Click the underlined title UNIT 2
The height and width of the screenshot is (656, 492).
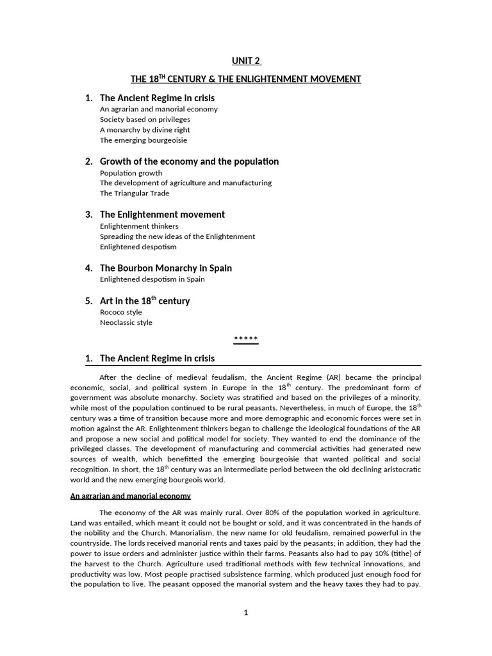tap(246, 61)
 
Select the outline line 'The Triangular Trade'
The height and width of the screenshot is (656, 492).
tap(135, 193)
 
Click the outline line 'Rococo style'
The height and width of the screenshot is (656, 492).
tap(121, 313)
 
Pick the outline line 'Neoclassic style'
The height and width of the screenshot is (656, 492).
tap(126, 323)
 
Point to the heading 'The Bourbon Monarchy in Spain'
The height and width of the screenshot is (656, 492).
tap(166, 268)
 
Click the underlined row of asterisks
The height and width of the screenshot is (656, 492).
tap(246, 340)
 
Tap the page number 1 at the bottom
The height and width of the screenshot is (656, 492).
tap(246, 612)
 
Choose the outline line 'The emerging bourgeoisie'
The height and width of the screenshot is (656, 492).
tap(143, 140)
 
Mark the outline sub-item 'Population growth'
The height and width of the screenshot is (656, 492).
tap(131, 173)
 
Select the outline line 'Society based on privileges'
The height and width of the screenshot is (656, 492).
tap(145, 119)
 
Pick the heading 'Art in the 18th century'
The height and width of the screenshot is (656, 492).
tap(145, 301)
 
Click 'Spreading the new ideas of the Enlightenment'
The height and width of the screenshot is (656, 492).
tap(177, 236)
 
